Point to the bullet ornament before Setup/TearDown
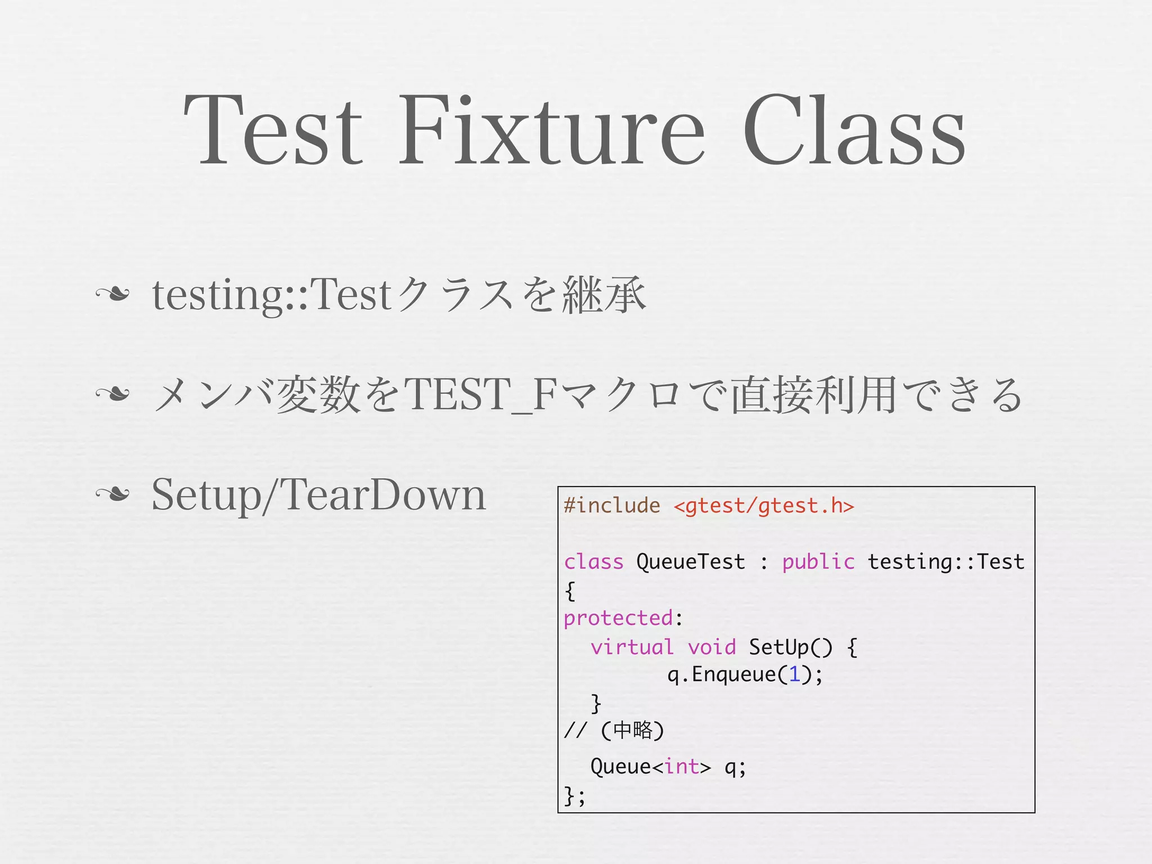(x=112, y=494)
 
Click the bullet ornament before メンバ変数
(x=112, y=394)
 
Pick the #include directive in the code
(x=612, y=506)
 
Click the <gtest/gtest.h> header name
(x=764, y=506)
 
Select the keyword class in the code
(x=593, y=562)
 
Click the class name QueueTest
(x=691, y=562)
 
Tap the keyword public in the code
(x=818, y=562)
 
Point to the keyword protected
(x=618, y=618)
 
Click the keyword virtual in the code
(x=632, y=647)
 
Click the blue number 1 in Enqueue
(x=794, y=674)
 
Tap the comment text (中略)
(x=633, y=730)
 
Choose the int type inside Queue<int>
(x=682, y=767)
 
